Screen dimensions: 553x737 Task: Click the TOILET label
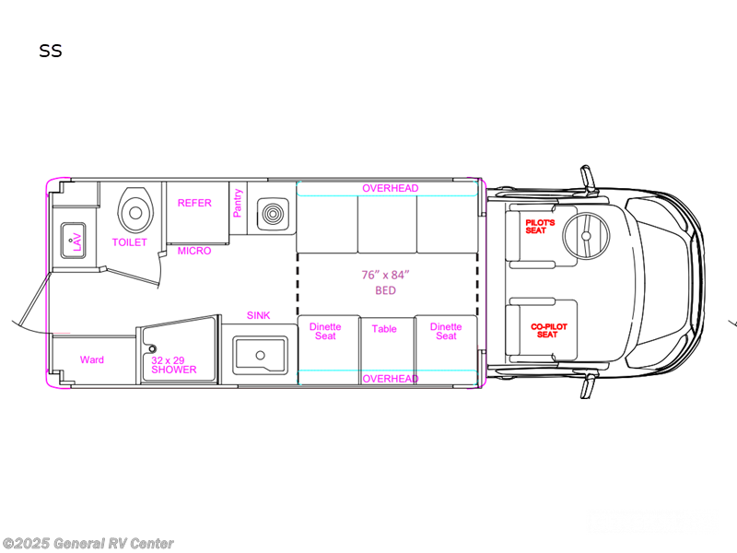click(129, 242)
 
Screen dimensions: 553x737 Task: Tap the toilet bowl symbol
click(134, 212)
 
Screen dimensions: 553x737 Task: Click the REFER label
click(194, 203)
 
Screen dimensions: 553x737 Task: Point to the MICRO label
click(193, 251)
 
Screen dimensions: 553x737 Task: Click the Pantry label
click(238, 203)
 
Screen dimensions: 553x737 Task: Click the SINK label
click(258, 315)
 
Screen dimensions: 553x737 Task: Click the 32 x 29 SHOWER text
click(174, 364)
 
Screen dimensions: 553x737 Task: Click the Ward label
click(91, 359)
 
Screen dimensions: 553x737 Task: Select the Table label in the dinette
click(384, 329)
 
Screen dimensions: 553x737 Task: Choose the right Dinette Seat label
click(446, 331)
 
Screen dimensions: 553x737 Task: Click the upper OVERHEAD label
click(390, 188)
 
